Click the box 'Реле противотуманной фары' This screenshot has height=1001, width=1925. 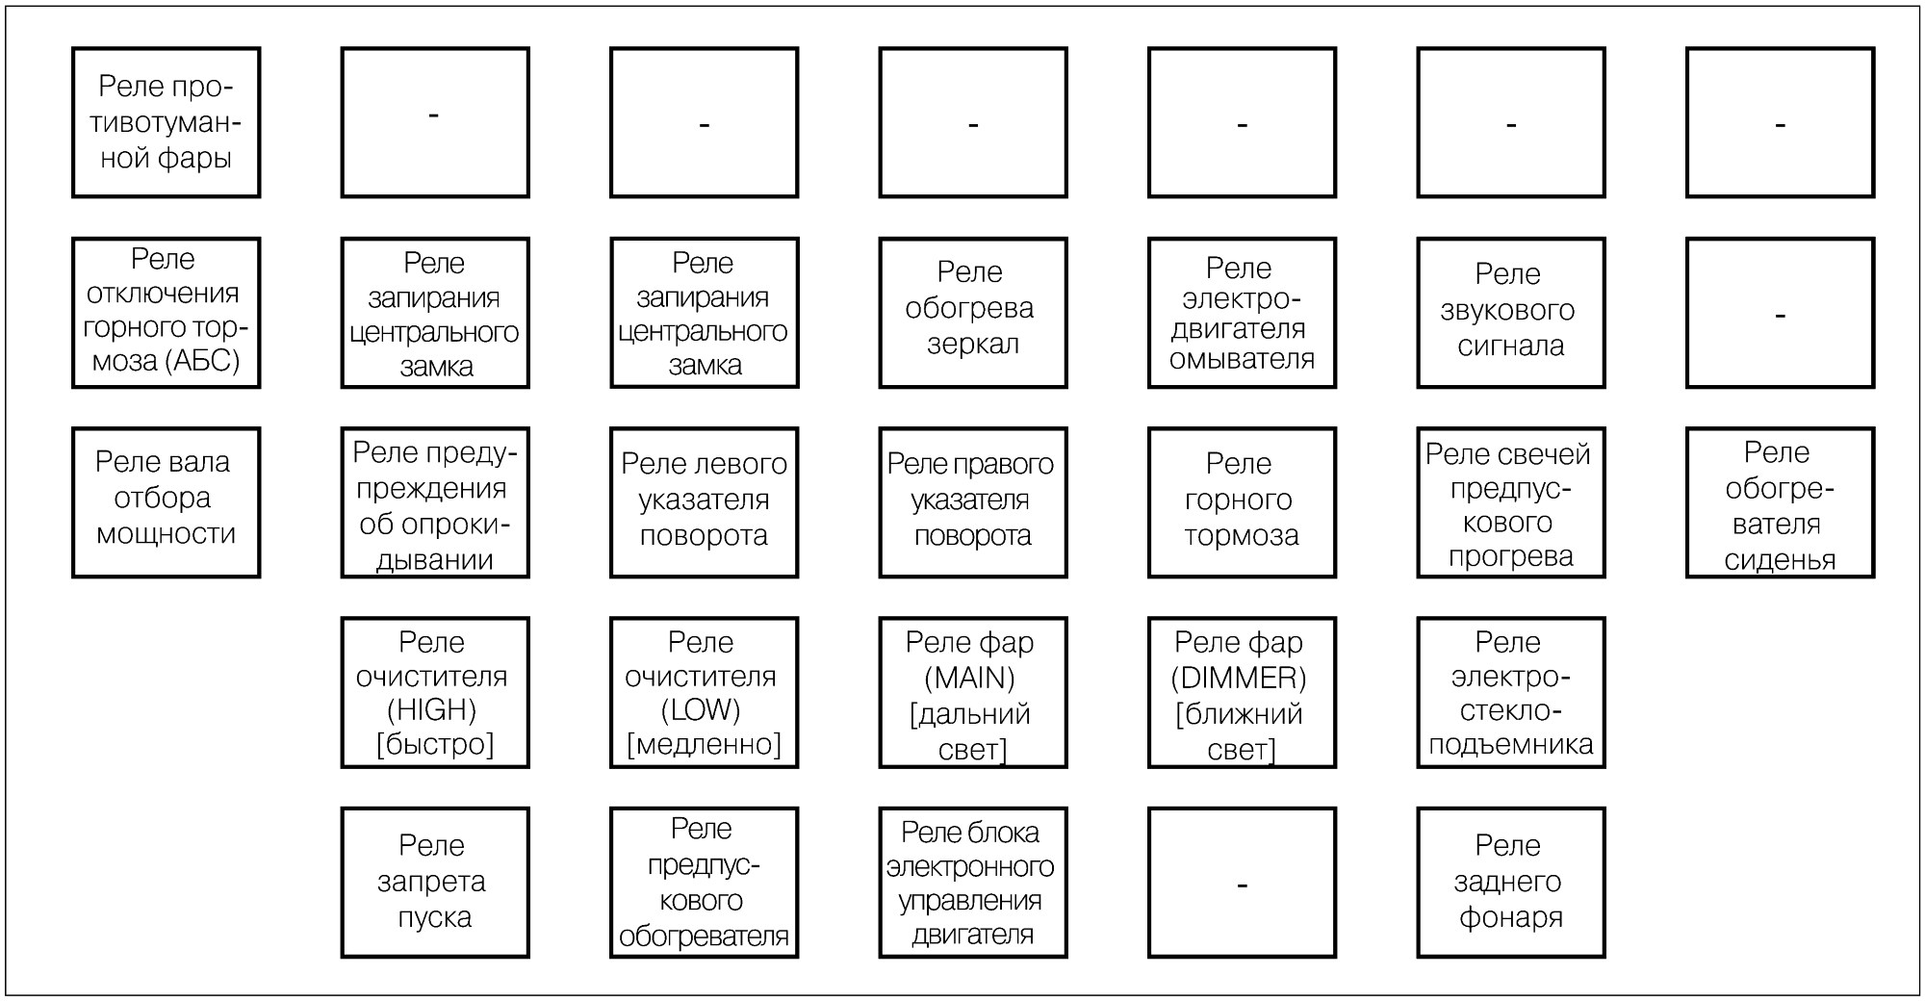167,122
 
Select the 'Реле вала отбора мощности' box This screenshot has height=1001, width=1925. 167,502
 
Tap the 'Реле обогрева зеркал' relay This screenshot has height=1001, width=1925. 973,313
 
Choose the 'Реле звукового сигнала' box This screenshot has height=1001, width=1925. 1511,313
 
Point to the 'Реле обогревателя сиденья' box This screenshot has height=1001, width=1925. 1781,502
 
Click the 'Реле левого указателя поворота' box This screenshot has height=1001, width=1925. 705,502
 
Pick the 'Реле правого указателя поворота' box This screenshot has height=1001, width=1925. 973,502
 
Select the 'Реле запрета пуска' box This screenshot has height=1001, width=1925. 435,883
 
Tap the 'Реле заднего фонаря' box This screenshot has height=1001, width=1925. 1511,883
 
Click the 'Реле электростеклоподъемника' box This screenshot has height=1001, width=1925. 1511,693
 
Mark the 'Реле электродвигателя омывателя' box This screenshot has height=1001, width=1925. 1243,313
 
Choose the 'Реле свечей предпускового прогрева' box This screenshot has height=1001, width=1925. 1511,502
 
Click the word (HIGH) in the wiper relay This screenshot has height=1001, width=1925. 432,710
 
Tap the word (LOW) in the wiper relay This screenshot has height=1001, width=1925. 701,710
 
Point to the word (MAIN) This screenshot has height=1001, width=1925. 970,679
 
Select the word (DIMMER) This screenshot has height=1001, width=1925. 1239,679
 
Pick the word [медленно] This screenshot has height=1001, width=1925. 704,744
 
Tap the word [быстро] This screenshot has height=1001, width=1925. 435,744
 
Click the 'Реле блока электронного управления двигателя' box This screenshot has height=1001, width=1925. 973,883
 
